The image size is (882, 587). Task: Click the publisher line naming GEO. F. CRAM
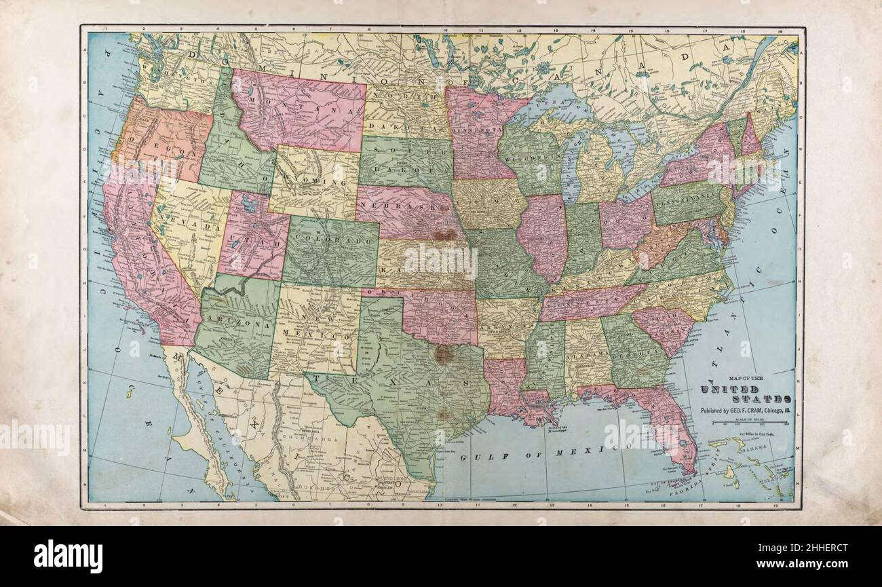745,411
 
